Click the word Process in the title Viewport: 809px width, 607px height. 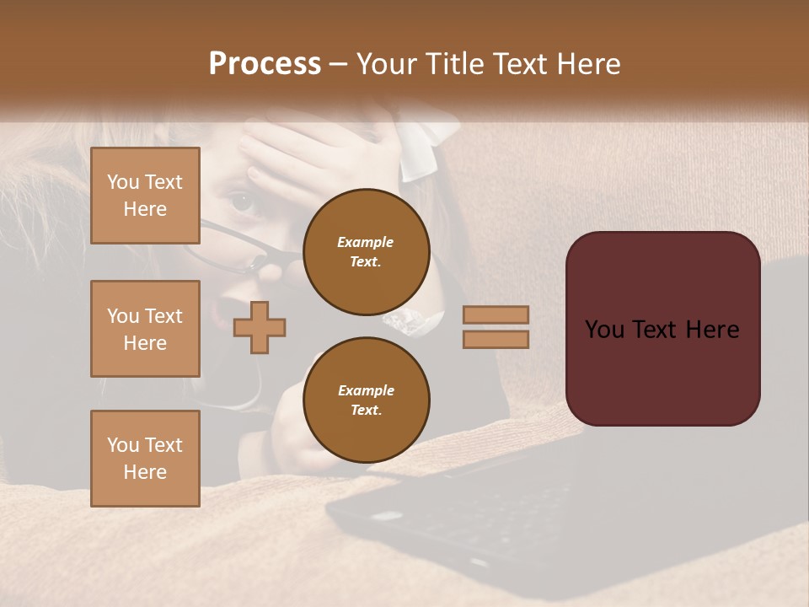coord(265,64)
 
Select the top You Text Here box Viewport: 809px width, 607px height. coord(145,196)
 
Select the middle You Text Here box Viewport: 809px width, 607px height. coord(145,329)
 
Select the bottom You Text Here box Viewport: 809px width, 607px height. coord(145,459)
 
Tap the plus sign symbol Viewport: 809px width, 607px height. coord(260,327)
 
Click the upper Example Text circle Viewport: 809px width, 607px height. coord(366,252)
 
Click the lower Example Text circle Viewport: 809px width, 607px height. coord(366,400)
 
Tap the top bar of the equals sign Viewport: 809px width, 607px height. coord(496,315)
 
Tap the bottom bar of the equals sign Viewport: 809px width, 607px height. coord(496,340)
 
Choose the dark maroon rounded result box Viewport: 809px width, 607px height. coord(662,329)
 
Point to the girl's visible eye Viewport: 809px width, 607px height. coord(242,202)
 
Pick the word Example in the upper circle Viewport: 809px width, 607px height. coord(365,243)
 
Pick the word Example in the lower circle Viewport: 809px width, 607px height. coord(365,391)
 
